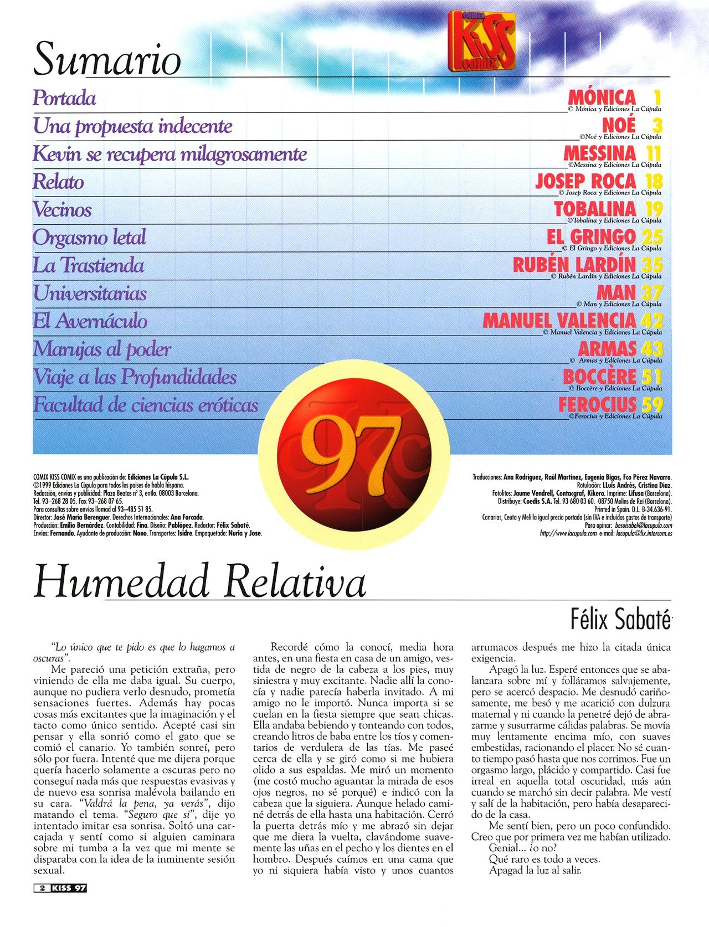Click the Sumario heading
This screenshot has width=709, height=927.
tap(107, 59)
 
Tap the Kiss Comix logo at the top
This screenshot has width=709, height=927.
tap(481, 41)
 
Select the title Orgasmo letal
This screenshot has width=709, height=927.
tap(89, 238)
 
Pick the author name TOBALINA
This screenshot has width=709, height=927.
tap(595, 209)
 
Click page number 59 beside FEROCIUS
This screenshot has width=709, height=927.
tap(652, 404)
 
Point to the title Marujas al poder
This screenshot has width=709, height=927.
tap(102, 349)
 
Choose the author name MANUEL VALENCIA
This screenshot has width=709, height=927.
tap(559, 320)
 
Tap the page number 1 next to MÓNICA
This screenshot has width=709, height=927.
tap(657, 97)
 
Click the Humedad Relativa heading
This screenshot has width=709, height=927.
tap(200, 582)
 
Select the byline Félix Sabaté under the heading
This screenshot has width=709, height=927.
tap(620, 619)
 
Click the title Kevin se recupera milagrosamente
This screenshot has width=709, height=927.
tap(169, 154)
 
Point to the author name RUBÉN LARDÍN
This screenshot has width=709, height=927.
tap(574, 265)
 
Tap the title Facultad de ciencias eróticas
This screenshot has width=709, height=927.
tap(146, 405)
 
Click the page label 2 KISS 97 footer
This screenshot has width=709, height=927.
tap(60, 888)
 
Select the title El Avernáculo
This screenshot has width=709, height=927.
tap(90, 321)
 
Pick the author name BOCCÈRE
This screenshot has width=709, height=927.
tap(599, 377)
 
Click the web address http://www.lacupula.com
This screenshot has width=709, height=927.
tap(568, 534)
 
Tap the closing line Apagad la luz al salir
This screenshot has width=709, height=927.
tap(535, 870)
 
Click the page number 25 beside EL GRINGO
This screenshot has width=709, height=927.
tap(652, 236)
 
